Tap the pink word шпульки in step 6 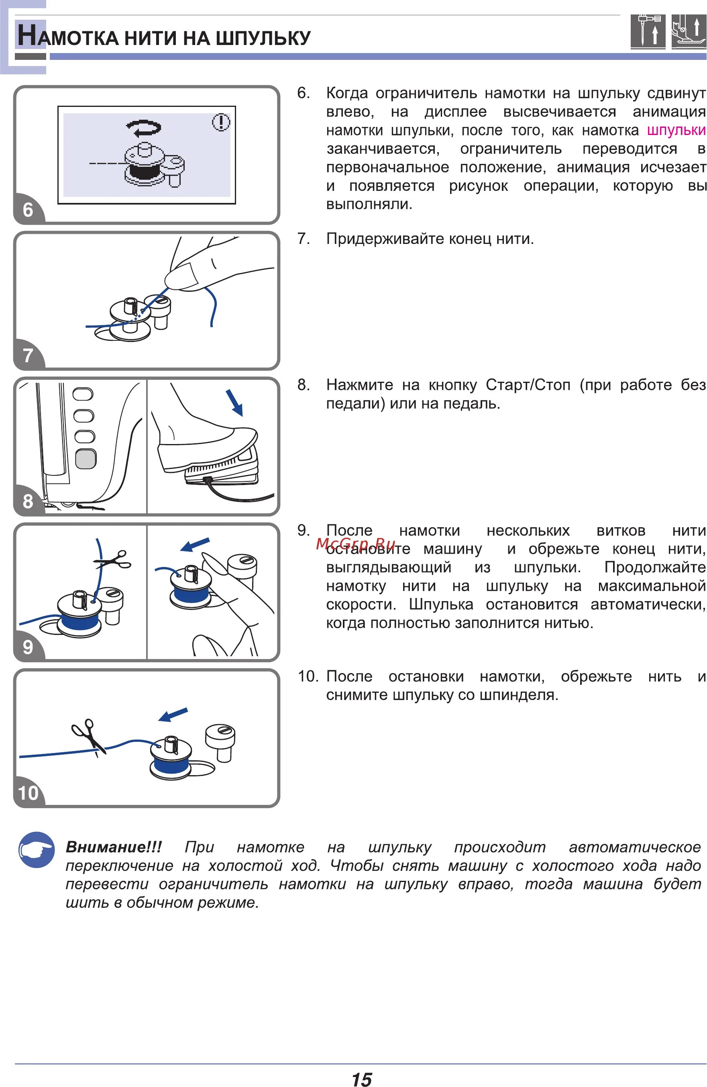pos(676,130)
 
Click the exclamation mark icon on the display pos(221,123)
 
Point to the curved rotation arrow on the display pos(144,127)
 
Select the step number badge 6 pos(28,210)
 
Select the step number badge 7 pos(28,355)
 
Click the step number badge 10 pos(28,793)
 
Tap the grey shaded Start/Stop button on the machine pos(86,459)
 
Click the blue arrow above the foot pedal pos(234,402)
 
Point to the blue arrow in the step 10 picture pos(173,714)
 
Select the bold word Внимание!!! pos(114,847)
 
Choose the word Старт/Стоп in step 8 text pos(528,385)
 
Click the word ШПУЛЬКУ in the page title pos(263,38)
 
